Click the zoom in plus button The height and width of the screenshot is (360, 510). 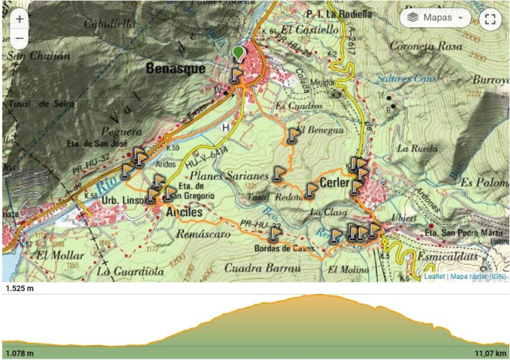(19, 20)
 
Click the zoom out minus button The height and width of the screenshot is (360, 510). (19, 39)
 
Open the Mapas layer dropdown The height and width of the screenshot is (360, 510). (435, 17)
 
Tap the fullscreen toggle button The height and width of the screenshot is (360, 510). (489, 18)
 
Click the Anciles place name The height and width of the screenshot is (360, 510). (184, 213)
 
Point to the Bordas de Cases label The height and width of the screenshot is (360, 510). (284, 248)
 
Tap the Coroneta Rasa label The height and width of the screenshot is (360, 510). (421, 46)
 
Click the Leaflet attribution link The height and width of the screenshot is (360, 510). (434, 277)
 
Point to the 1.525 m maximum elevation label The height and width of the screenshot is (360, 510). (20, 288)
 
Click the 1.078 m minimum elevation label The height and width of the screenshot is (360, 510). (20, 352)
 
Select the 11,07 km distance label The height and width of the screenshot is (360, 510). (490, 352)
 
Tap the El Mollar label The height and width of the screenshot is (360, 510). (59, 255)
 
